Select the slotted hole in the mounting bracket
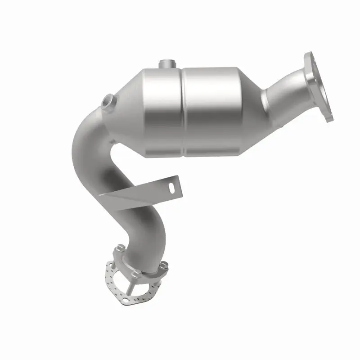pos(171,184)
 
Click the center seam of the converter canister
pos(183,112)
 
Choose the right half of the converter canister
pos(211,110)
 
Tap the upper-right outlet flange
pos(319,85)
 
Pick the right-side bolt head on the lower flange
pos(163,265)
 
